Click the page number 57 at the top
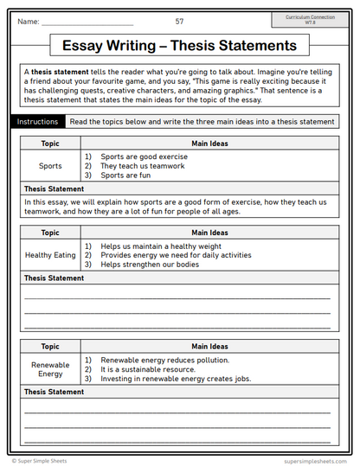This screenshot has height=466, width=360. click(179, 20)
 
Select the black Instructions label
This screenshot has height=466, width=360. click(37, 122)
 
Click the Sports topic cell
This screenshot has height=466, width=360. click(50, 165)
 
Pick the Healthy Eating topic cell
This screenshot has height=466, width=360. click(50, 255)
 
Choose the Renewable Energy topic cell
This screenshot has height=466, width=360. click(50, 369)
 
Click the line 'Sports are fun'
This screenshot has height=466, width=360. click(125, 174)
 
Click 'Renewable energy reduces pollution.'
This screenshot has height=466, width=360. click(164, 360)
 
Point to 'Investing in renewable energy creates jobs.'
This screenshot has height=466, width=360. click(174, 378)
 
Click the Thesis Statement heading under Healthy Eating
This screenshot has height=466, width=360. click(54, 278)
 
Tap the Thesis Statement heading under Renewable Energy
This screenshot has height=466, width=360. click(54, 392)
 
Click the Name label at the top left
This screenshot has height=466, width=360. click(28, 20)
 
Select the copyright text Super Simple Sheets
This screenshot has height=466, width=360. click(41, 461)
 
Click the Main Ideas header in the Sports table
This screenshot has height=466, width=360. click(208, 144)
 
